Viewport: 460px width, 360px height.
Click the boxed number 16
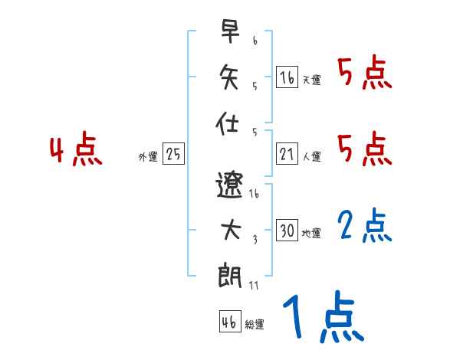click(287, 77)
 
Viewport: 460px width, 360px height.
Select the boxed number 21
click(287, 154)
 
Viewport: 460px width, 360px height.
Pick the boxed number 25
click(173, 154)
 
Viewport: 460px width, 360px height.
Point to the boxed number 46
click(228, 322)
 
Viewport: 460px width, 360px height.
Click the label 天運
click(311, 80)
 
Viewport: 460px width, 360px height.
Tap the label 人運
click(311, 157)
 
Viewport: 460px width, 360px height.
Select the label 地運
click(311, 234)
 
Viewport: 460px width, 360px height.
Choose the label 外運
click(148, 157)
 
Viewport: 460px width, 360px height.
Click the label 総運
click(255, 325)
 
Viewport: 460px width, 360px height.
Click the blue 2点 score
click(365, 227)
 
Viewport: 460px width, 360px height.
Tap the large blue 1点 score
click(322, 317)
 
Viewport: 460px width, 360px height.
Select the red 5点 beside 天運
click(365, 74)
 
